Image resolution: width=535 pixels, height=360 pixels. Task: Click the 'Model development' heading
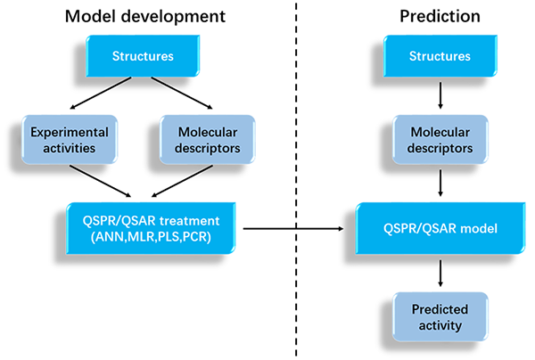145,16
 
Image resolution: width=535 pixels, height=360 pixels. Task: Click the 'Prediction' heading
440,16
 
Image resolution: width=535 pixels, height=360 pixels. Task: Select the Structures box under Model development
143,56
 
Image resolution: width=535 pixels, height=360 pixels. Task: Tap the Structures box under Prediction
440,56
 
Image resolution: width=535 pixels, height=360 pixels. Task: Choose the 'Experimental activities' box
70,140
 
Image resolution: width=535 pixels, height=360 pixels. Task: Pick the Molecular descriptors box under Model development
208,140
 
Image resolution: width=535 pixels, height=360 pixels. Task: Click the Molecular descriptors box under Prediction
440,140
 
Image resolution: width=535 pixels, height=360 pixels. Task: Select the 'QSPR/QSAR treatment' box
151,228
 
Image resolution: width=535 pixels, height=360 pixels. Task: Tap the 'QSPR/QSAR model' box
440,228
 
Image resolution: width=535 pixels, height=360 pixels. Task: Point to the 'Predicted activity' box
440,317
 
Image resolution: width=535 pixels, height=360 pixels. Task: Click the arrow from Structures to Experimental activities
100,93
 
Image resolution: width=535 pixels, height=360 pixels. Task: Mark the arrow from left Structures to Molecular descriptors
182,93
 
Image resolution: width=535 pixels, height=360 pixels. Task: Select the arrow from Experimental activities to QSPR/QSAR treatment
100,182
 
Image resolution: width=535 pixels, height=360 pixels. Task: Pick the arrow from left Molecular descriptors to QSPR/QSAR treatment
182,182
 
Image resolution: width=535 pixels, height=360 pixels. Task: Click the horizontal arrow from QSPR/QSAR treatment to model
293,228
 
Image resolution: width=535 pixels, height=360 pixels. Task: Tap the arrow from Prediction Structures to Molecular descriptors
440,95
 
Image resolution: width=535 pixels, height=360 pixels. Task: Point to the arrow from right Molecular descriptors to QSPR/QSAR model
440,183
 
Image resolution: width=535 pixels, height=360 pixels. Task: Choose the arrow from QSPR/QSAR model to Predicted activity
440,274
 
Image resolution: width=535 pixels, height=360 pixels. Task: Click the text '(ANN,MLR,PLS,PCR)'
151,237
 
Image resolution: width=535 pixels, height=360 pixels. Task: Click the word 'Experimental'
70,132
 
